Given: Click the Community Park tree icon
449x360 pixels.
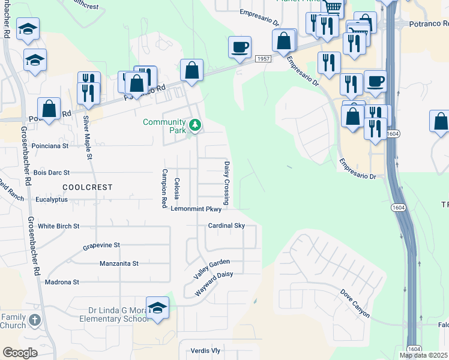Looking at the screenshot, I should coord(194,125).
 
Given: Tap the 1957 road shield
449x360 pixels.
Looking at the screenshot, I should coord(262,58).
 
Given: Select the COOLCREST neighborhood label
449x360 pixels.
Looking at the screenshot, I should coord(87,187).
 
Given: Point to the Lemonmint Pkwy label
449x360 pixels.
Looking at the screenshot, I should coord(196,209).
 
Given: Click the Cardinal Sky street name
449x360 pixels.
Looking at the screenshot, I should coord(226,226).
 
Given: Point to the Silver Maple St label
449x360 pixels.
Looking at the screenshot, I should coord(88,137).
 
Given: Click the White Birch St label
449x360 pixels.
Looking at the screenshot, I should coord(58,226).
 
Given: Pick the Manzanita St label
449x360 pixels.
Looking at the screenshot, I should coord(119,263).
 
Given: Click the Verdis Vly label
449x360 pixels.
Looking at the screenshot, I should coord(205,350).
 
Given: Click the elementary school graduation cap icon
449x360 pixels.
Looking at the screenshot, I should coord(157,308).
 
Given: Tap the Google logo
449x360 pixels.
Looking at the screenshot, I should coord(20,353).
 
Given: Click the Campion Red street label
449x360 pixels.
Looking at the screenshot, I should coord(164,188).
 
